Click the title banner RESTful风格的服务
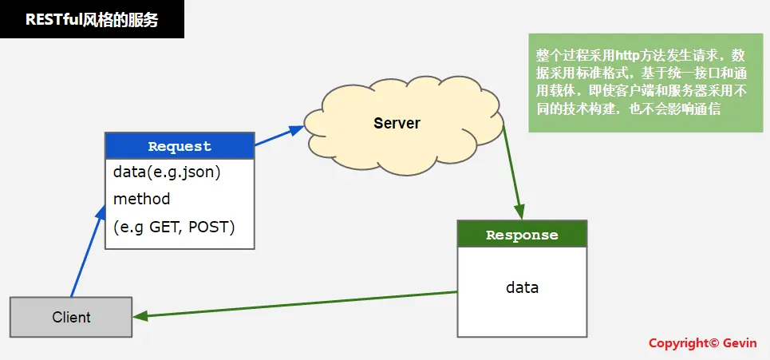pos(92,19)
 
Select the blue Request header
pos(180,146)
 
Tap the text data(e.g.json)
pos(167,172)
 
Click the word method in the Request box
pos(142,199)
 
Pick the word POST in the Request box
pos(212,227)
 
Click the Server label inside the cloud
pos(397,123)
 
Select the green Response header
pos(522,235)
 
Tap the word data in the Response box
pos(522,287)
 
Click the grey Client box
pos(71,317)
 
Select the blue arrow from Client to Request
pos(87,251)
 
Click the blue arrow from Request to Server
pos(278,136)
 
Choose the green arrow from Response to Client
pos(295,304)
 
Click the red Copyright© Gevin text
pos(702,342)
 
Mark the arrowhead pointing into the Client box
pos(140,316)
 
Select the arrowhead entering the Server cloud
pos(297,128)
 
